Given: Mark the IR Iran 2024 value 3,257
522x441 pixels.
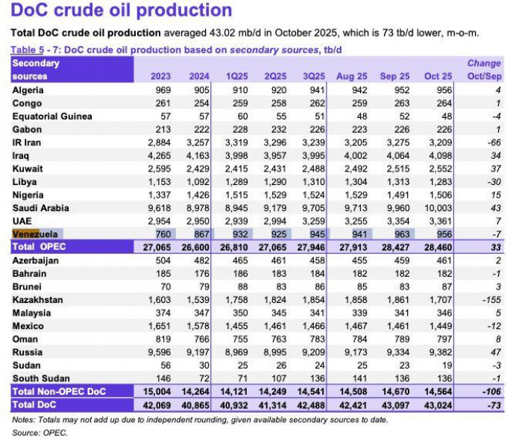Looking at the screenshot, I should tap(198, 143).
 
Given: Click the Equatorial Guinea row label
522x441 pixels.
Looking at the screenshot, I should tap(52, 116).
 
